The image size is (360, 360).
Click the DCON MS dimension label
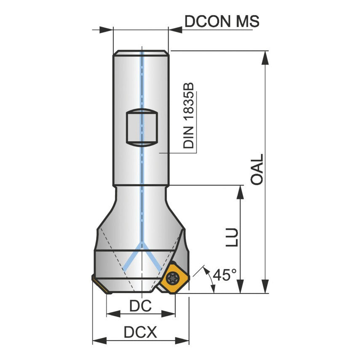point(222,21)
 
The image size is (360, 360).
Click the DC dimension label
point(140,306)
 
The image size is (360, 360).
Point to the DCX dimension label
point(140,333)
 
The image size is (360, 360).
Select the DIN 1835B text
point(189,115)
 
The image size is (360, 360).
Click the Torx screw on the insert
point(172,277)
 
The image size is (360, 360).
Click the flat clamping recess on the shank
point(142,128)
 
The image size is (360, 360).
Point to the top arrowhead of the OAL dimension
point(265,57)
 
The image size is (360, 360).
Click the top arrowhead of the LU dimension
point(240,191)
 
